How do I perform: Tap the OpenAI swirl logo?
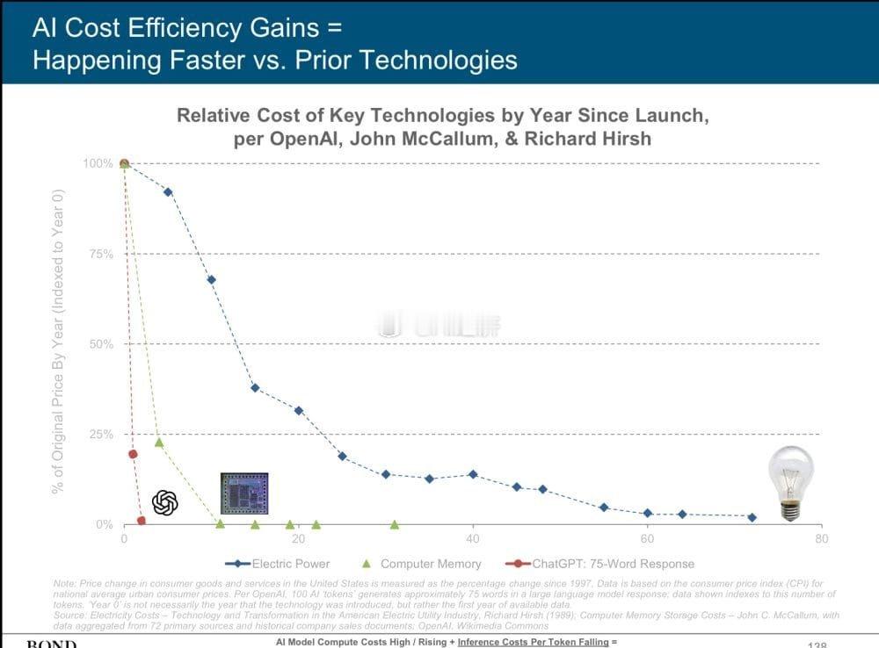(x=165, y=502)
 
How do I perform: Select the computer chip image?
(x=244, y=493)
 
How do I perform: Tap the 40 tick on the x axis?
(x=473, y=538)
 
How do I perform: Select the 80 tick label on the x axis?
(x=821, y=538)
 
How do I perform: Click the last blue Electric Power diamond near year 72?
(x=752, y=517)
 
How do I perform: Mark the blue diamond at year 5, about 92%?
(x=168, y=191)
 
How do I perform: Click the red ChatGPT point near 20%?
(x=133, y=454)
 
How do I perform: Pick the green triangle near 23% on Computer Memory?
(x=159, y=442)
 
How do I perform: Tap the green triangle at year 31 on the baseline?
(x=395, y=524)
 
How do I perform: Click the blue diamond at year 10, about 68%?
(x=211, y=280)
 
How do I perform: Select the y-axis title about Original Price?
(x=58, y=342)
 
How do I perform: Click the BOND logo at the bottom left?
(x=51, y=644)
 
